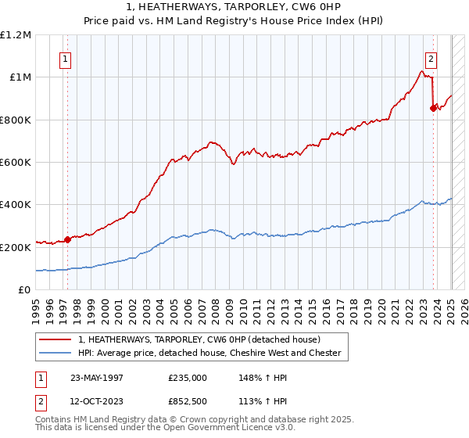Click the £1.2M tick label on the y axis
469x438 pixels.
(x=16, y=34)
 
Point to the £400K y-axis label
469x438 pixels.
(x=16, y=204)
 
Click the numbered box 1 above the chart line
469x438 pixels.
(x=66, y=57)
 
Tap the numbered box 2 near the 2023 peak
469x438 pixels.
(x=431, y=57)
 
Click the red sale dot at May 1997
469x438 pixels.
(x=67, y=239)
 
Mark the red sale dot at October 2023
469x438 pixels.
(x=433, y=109)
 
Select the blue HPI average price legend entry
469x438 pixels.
(x=209, y=354)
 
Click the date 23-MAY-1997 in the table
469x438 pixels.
(x=97, y=377)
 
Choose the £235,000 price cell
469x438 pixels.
(x=188, y=377)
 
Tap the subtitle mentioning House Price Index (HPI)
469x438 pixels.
(x=234, y=20)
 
